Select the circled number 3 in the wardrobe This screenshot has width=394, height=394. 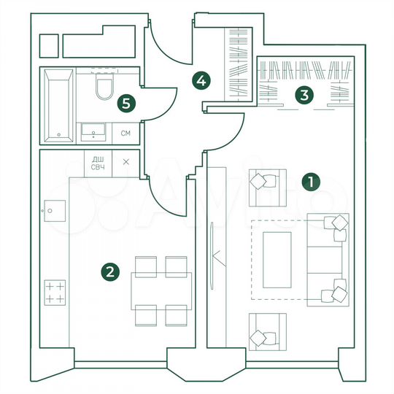tap(302, 94)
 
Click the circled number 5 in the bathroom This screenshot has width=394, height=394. tap(127, 103)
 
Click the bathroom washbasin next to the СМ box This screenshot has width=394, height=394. tap(93, 132)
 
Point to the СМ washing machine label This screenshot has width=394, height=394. tap(125, 133)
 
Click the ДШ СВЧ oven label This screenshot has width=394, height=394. tap(97, 163)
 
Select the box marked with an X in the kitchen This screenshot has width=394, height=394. tap(126, 162)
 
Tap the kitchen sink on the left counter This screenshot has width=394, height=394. tap(55, 212)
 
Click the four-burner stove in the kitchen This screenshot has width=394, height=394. tap(55, 293)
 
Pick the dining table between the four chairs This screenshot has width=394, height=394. tap(160, 290)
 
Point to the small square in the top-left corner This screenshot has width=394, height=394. tap(48, 46)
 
